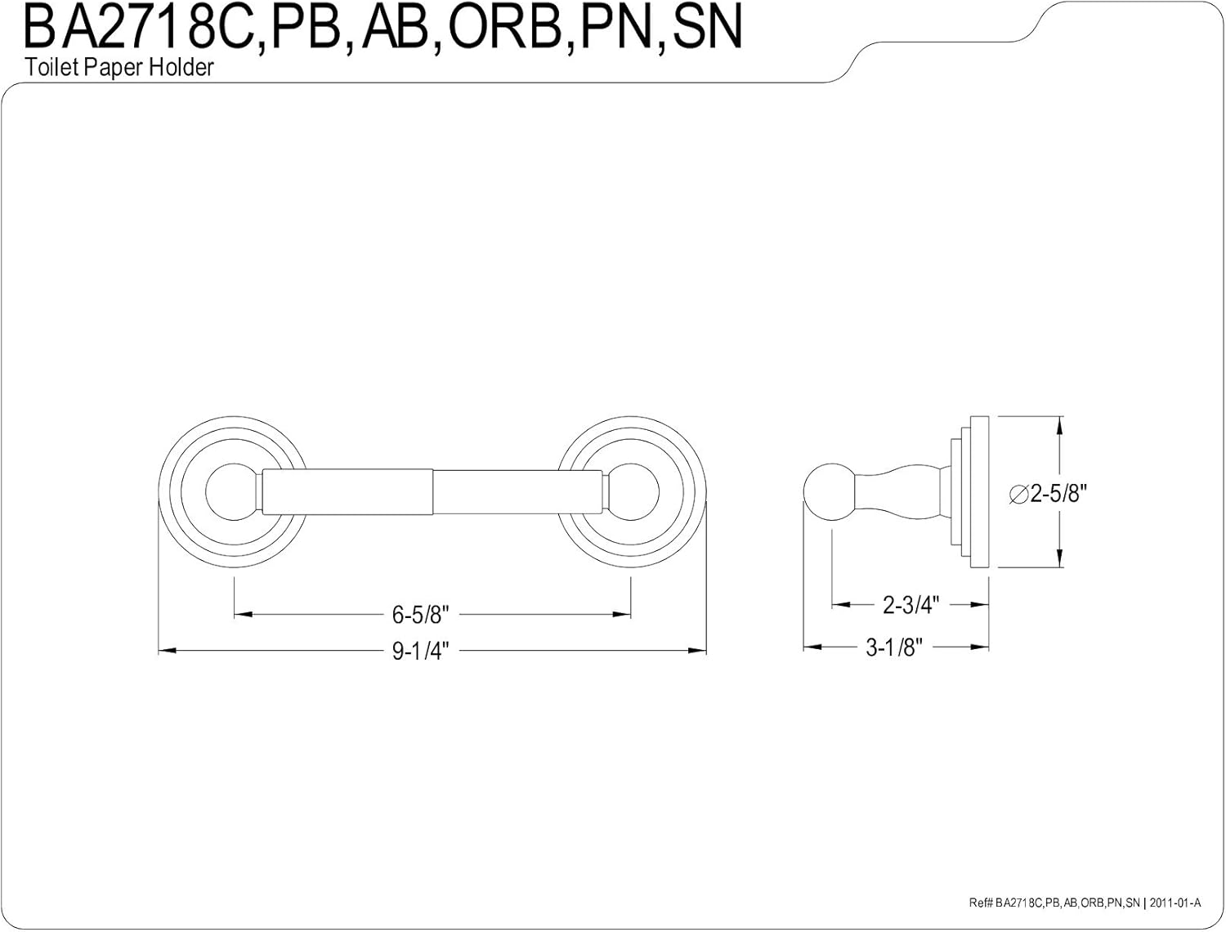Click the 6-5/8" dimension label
(421, 613)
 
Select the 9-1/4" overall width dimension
(421, 652)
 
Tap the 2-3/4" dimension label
(911, 605)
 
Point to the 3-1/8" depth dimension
(894, 647)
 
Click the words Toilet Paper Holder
(119, 67)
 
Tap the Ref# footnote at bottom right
(1084, 903)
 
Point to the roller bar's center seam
(432, 494)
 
